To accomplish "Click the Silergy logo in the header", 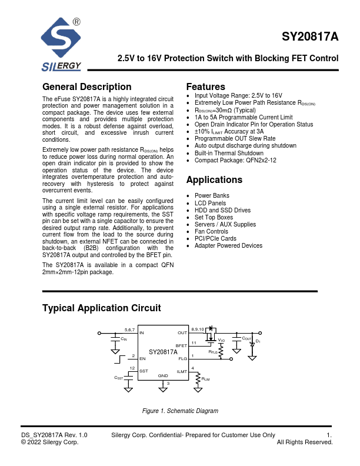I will point(61,44).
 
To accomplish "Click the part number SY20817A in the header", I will point(310,36).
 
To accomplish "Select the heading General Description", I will point(87,87).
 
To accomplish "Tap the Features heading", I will point(205,87).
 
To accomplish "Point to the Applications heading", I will point(214,180).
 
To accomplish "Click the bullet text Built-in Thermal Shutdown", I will point(229,153).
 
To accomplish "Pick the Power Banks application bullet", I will point(212,195).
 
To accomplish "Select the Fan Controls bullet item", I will point(211,231).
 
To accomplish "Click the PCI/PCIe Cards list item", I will point(215,239).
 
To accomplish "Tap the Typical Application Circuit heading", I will point(102,308).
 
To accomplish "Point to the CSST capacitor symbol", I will point(128,375).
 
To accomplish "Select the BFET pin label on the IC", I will point(181,347).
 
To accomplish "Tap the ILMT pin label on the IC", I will point(182,371).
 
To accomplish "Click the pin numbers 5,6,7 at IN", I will point(129,329).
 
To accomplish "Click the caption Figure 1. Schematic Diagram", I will point(180,411).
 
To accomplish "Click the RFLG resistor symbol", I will point(221,351).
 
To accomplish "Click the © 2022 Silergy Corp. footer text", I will point(49,442).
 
